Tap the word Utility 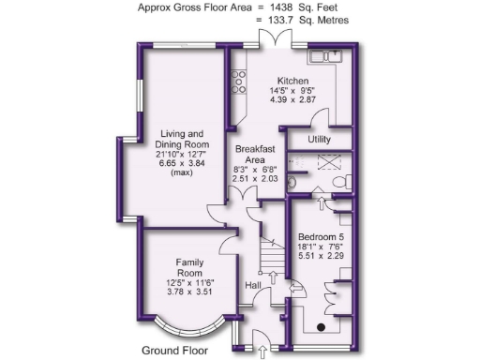(321, 139)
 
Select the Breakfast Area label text (254, 155)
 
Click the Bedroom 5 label (321, 237)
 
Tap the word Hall (253, 285)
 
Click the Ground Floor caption (173, 351)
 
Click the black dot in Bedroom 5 (322, 327)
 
